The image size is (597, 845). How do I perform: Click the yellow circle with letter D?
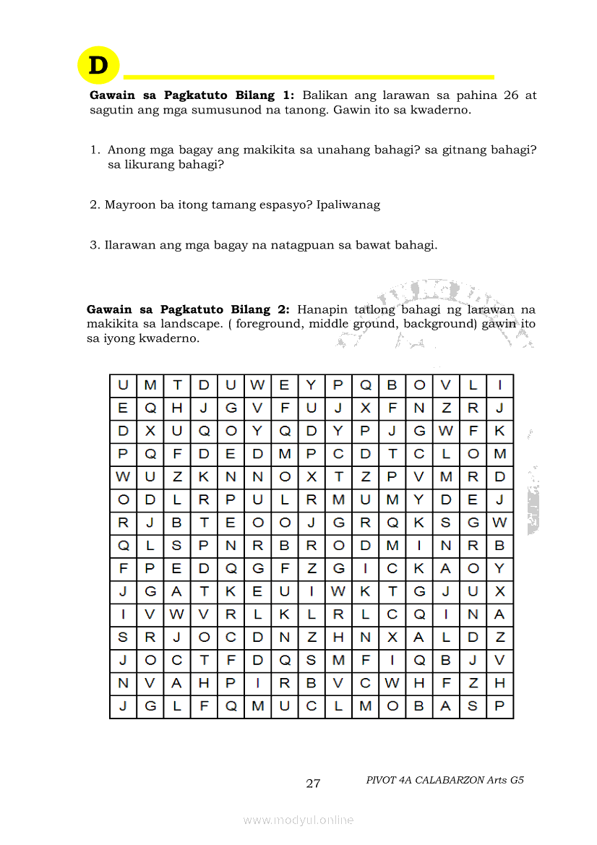point(98,65)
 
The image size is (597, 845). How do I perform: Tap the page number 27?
point(313,784)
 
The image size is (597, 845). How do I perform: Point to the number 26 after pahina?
point(510,95)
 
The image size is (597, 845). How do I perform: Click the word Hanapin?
point(318,309)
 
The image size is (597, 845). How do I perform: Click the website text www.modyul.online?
point(298,820)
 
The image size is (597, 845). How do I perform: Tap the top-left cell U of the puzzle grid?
point(123,385)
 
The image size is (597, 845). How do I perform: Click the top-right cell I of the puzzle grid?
point(499,385)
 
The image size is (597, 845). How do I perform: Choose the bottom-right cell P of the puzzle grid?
point(499,707)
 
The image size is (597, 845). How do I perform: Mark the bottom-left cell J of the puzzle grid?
point(123,707)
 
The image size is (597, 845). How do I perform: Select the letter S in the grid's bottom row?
point(473,707)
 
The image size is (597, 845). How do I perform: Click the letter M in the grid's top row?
point(150,385)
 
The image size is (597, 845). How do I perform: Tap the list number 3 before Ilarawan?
point(94,245)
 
